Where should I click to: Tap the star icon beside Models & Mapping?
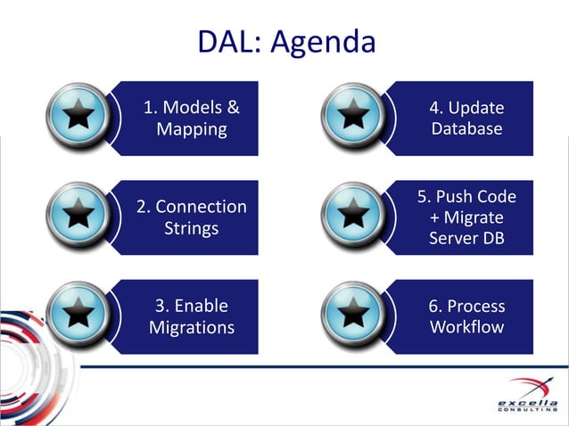tap(80, 119)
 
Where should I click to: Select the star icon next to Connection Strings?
tap(80, 217)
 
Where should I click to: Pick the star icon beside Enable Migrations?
tap(80, 316)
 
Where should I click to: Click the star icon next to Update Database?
tap(355, 119)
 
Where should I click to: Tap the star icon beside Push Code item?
tap(355, 217)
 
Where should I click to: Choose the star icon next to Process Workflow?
tap(355, 316)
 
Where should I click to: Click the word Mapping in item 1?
tap(191, 130)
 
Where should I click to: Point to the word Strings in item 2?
tap(191, 229)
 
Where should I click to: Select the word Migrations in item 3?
tap(191, 328)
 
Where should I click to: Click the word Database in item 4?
tap(466, 130)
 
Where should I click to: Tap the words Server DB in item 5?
tap(466, 239)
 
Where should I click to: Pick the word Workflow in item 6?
tap(466, 327)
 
